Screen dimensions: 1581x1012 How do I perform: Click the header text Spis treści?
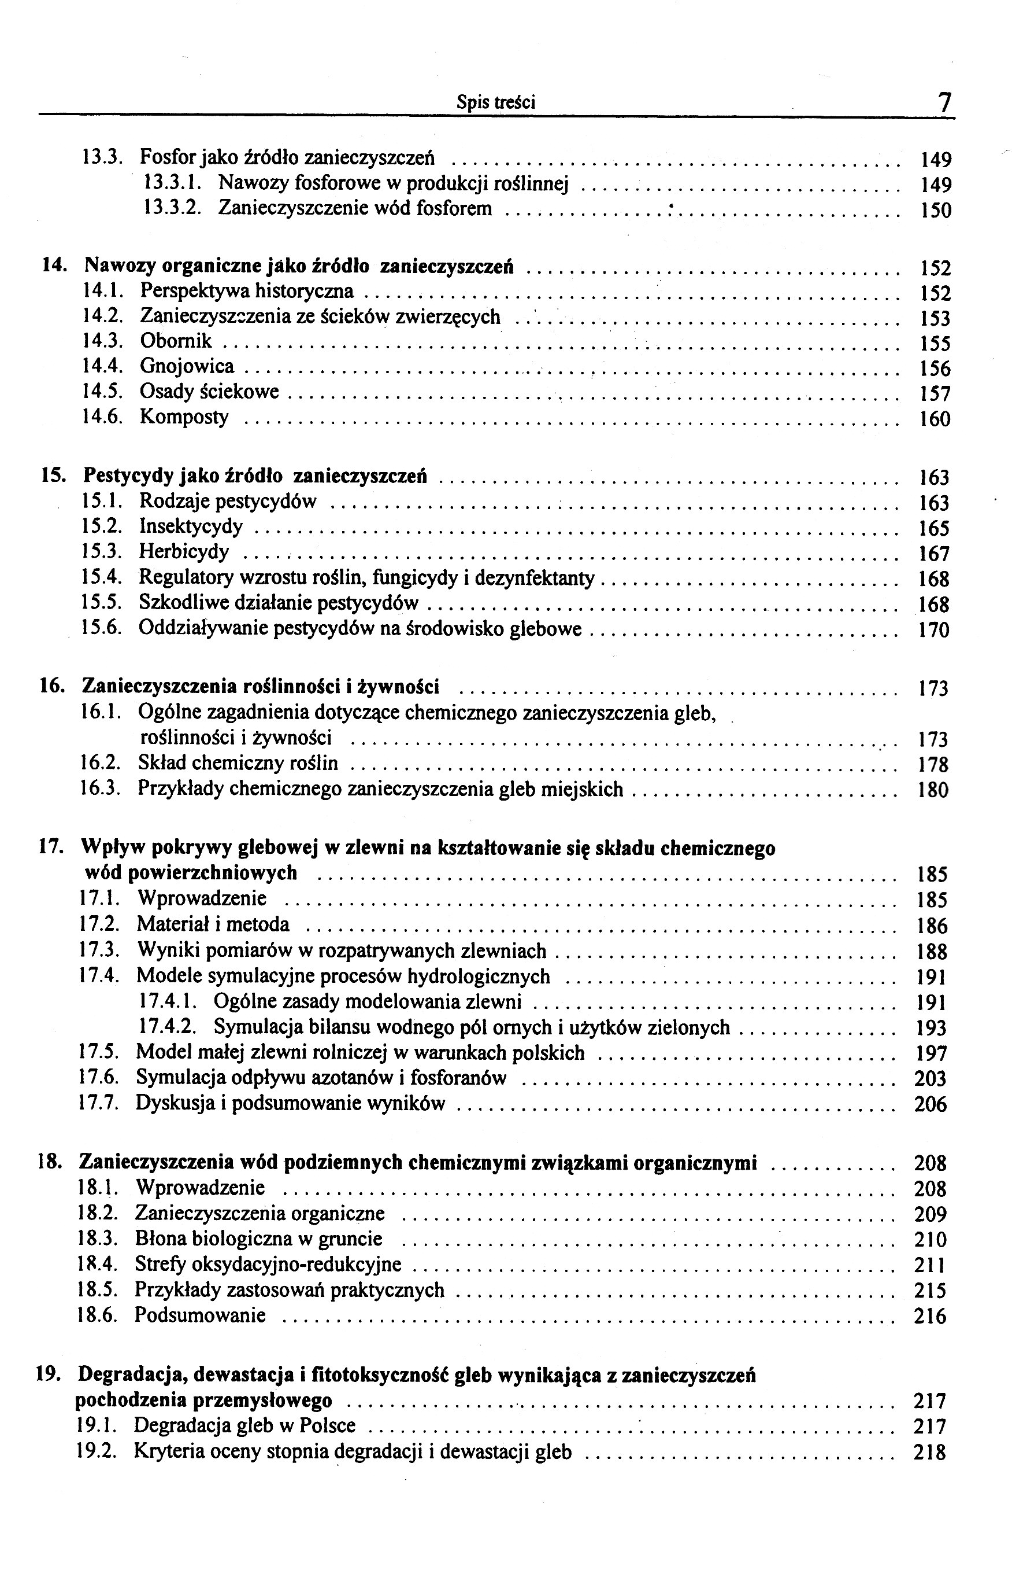tap(496, 102)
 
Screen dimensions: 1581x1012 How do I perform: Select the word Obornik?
tap(176, 341)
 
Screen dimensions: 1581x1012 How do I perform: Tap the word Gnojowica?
tap(187, 366)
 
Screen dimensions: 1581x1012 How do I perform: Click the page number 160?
tap(934, 419)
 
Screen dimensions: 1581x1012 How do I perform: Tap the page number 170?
tap(933, 630)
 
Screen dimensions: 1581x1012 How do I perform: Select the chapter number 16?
tap(51, 686)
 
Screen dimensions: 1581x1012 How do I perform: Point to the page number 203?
tap(931, 1078)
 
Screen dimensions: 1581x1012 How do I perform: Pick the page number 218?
tap(929, 1451)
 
